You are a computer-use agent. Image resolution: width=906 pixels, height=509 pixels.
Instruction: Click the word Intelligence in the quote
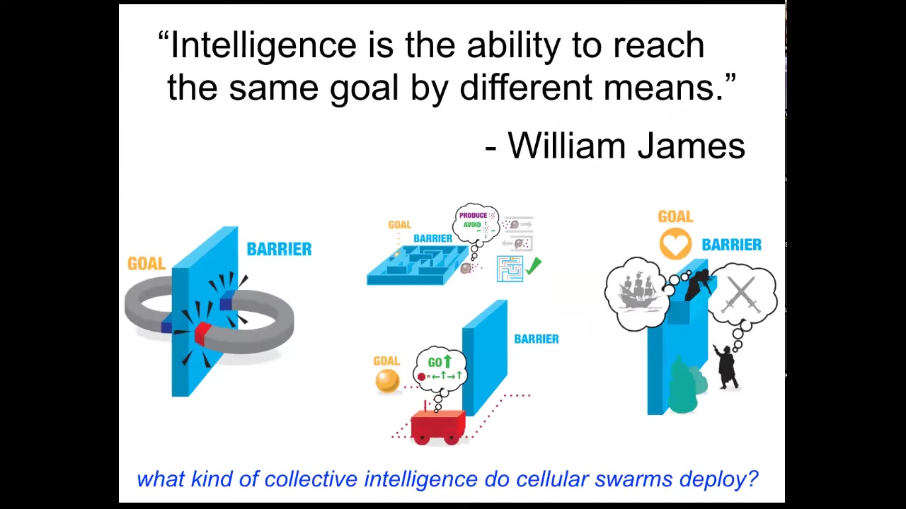point(263,46)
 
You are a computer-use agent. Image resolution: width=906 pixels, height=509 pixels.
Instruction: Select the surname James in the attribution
point(692,146)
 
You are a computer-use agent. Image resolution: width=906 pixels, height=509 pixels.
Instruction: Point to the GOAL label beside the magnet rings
point(147,264)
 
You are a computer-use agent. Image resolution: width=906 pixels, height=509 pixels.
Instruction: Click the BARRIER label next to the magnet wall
point(279,249)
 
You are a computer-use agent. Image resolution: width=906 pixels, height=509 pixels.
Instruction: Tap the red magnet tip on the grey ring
point(202,332)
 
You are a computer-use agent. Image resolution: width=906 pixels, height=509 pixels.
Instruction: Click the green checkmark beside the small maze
point(534,267)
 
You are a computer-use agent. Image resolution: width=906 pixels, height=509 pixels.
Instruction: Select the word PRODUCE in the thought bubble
point(473,216)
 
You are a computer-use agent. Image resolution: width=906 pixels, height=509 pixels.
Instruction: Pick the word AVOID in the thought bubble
point(472,225)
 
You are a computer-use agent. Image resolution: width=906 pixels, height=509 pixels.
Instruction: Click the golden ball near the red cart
point(387,381)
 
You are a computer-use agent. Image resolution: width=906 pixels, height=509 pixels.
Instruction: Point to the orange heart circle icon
point(675,244)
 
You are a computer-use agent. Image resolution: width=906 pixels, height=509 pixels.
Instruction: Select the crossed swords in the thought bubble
point(741,294)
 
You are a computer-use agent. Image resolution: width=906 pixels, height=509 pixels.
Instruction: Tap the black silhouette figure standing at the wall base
point(727,366)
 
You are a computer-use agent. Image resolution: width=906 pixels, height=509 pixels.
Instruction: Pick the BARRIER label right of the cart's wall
point(537,339)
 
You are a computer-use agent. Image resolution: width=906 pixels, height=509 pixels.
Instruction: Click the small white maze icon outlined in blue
point(510,269)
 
